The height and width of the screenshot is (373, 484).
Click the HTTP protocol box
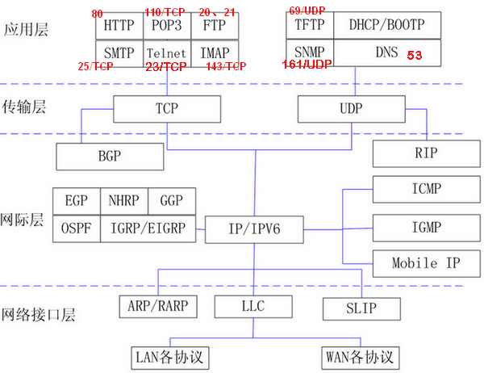119,26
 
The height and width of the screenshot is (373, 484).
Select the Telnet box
167,53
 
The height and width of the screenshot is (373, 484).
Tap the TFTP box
309,26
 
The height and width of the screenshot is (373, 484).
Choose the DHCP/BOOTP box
386,26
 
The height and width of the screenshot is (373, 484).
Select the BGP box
97,154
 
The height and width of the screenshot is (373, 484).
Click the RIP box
426,152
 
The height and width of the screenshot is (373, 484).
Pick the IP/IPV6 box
255,229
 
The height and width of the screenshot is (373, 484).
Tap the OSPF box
76,228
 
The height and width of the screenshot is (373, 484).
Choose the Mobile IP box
426,263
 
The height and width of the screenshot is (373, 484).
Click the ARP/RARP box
158,308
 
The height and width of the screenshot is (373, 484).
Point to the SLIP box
361,308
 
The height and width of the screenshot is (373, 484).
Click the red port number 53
414,56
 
